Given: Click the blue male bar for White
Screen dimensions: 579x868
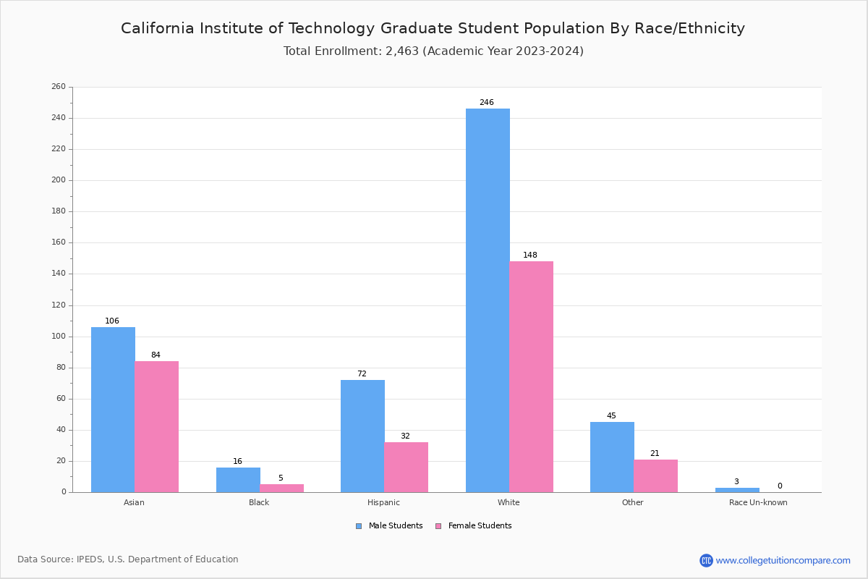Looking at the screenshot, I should click(x=488, y=300).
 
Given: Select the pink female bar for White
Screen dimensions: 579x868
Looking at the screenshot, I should click(x=531, y=376).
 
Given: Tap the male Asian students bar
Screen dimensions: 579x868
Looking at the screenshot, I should click(x=113, y=410).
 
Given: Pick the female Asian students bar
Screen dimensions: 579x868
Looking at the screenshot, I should click(x=156, y=427).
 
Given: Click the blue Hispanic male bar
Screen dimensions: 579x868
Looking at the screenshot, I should click(x=362, y=436).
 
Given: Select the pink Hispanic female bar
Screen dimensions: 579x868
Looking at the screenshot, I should click(x=406, y=467).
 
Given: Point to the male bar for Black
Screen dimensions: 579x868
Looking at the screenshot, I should click(x=238, y=480).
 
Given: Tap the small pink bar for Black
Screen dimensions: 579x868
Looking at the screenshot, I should click(x=281, y=488).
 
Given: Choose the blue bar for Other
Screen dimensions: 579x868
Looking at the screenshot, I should click(x=612, y=457).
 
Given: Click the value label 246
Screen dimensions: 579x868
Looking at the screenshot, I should click(x=487, y=103).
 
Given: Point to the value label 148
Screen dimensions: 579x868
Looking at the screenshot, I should click(x=530, y=255).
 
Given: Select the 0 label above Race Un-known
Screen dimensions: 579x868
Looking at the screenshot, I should click(x=780, y=486).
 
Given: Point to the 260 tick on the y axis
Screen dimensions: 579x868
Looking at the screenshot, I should click(x=59, y=87).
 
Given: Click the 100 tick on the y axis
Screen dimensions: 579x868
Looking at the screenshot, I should click(x=59, y=337).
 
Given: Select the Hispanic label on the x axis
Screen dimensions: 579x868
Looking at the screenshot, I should click(x=383, y=502).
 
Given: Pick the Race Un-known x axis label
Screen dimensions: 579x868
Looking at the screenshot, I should click(x=758, y=502).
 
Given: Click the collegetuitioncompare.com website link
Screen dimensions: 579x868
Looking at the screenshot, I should click(x=783, y=560).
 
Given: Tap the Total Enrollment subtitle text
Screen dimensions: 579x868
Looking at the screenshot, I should click(x=433, y=51).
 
